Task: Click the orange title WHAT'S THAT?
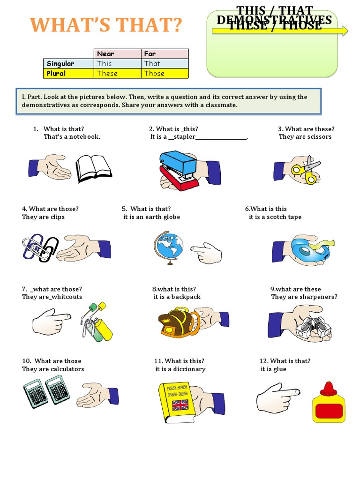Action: (106, 26)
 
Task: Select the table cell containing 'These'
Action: (118, 74)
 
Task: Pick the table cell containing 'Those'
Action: (165, 74)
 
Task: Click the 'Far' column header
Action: (165, 54)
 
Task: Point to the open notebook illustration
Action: (94, 169)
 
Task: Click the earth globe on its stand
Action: (167, 247)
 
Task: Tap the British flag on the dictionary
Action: (180, 405)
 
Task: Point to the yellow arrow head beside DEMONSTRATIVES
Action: (345, 31)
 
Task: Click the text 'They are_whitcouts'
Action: (52, 297)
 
